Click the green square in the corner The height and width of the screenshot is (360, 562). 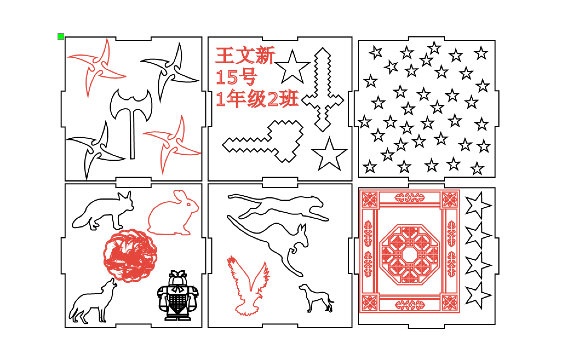[61, 36]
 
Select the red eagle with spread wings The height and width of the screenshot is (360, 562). [248, 286]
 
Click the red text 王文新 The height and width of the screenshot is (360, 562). [245, 55]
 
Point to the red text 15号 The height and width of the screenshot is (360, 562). [237, 77]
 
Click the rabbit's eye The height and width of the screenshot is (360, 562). [188, 204]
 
